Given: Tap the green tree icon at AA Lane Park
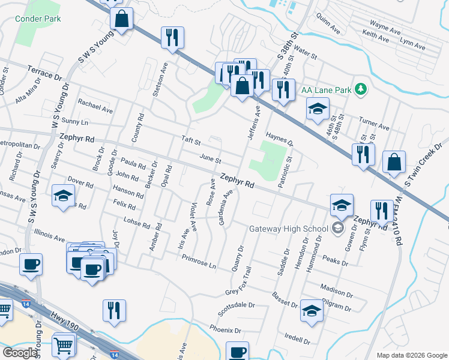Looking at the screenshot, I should coord(360,89).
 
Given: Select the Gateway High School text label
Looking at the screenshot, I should coord(289,228).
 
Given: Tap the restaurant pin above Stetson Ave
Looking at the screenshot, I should coord(172,37).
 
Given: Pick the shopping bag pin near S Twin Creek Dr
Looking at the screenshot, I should coord(394,163).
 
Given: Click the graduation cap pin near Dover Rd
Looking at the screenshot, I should coord(63,196).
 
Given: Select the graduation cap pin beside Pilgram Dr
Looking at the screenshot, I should coord(311,310).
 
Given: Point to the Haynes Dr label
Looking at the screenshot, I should coord(279,140).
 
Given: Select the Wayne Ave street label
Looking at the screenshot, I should coord(385,27).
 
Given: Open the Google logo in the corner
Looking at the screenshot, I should coord(20,353).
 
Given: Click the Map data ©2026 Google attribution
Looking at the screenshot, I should coord(412,355).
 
